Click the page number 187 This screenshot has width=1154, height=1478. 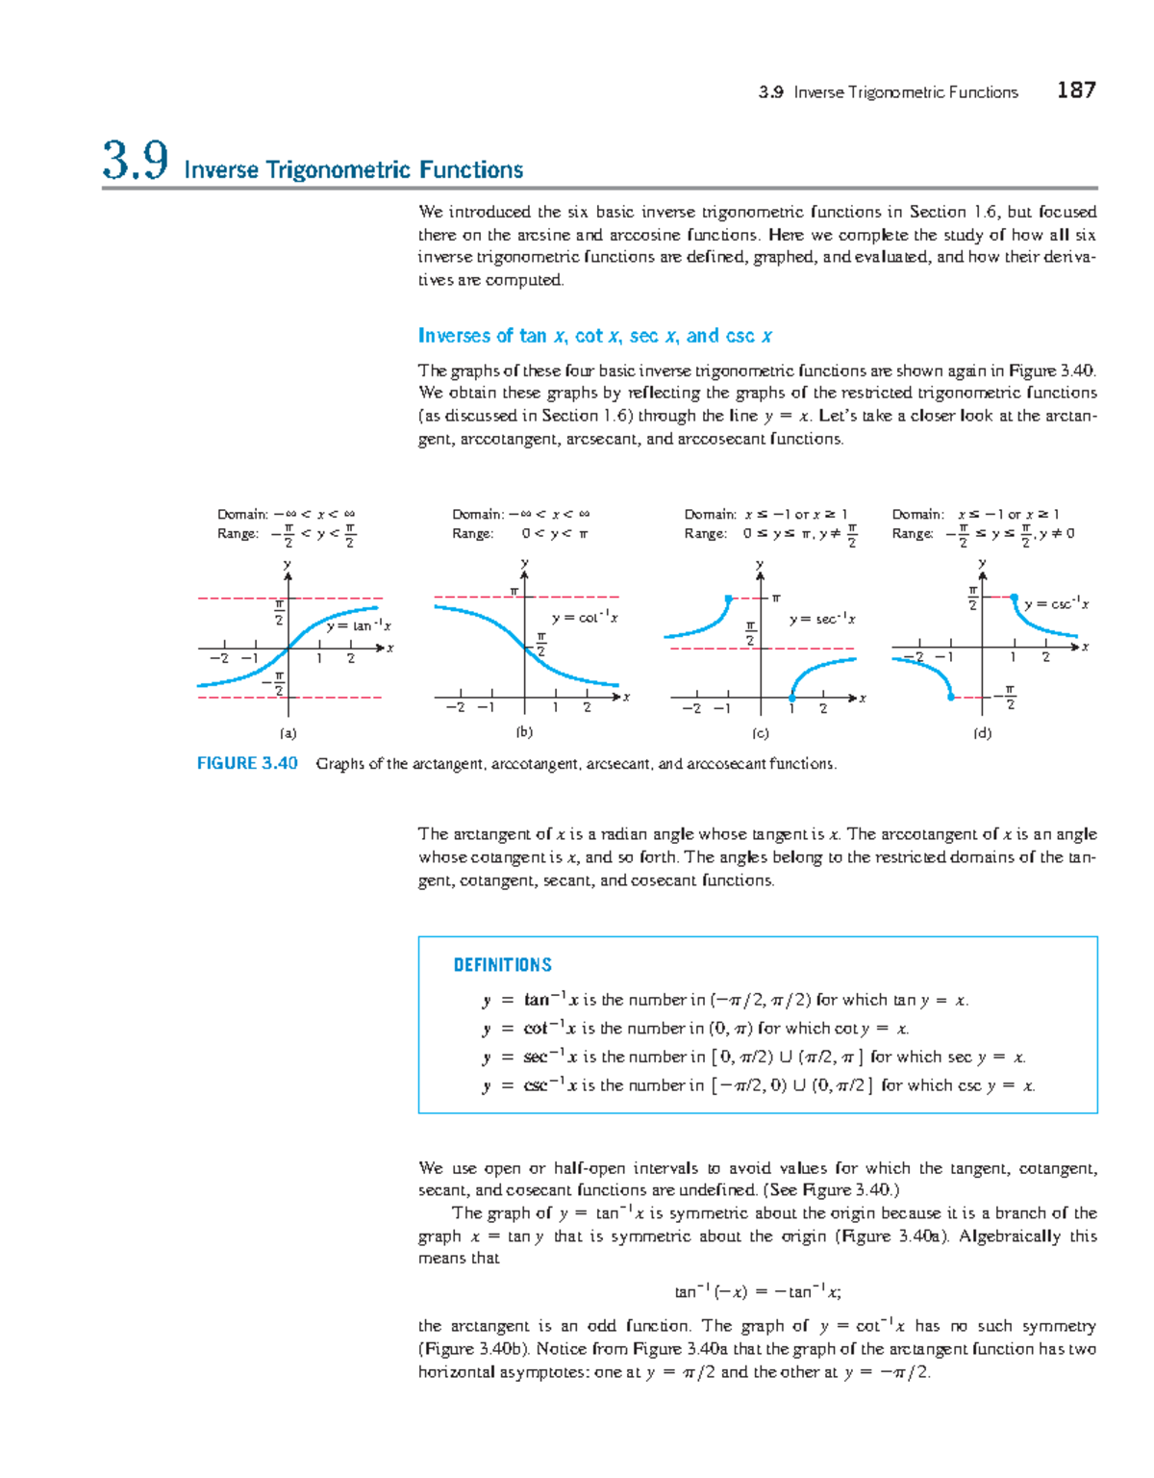tap(1076, 90)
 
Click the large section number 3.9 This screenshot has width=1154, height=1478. tap(135, 162)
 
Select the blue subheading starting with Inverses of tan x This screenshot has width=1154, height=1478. tap(594, 336)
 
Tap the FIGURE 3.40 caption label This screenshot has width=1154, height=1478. tap(247, 763)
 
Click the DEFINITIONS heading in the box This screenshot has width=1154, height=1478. tap(502, 965)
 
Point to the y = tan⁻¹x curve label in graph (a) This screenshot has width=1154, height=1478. tap(359, 625)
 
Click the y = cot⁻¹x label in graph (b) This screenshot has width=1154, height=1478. tap(584, 618)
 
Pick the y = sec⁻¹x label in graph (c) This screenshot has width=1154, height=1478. tap(821, 620)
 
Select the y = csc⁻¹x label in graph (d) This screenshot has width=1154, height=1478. tap(1056, 604)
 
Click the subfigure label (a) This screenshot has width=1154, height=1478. tap(288, 733)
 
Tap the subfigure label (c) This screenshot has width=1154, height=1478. tap(760, 733)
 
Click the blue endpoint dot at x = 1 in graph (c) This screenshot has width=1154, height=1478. tap(792, 697)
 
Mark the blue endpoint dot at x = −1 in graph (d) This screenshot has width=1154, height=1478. tap(951, 696)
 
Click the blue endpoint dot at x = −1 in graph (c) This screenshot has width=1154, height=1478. tap(729, 599)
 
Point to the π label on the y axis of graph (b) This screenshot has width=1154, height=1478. tap(514, 591)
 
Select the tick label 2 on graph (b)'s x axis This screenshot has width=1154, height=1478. tap(586, 707)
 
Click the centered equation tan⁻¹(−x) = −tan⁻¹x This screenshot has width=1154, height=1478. tap(758, 1291)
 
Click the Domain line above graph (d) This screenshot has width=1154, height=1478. tap(975, 514)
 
